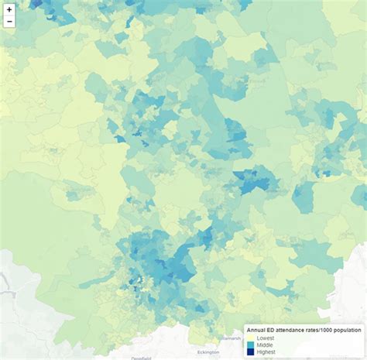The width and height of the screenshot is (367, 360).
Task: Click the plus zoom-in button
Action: [9, 9]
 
